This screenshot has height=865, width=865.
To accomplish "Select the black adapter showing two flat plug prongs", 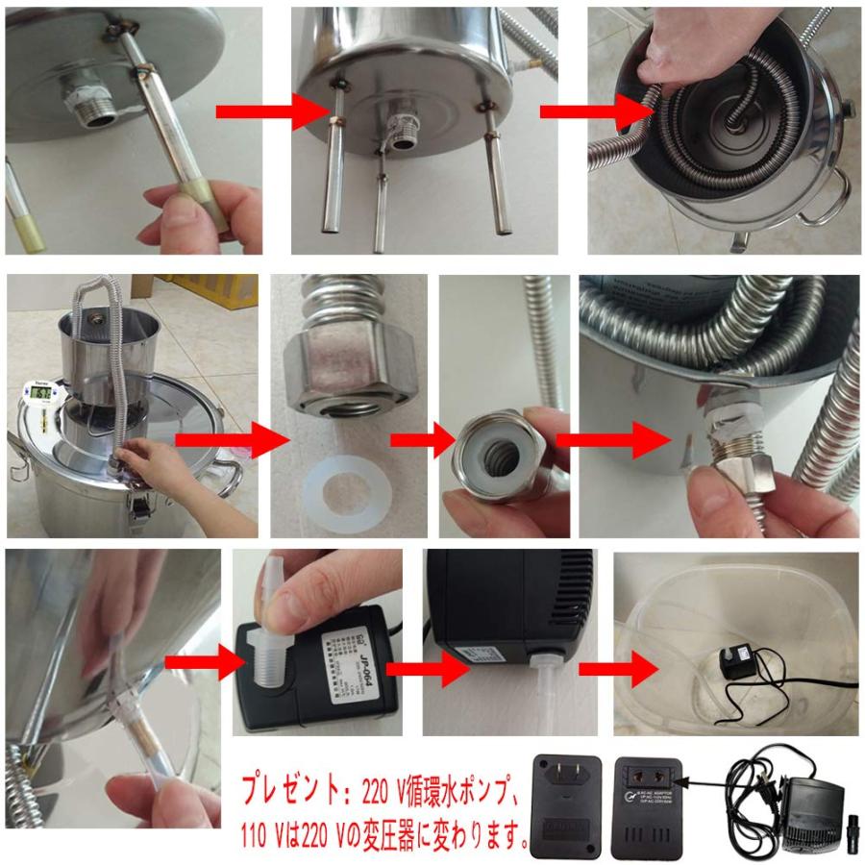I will click(x=567, y=805).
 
